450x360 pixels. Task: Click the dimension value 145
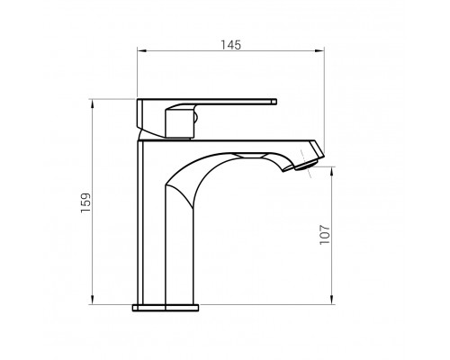[230, 45]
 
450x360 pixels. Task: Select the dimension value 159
[85, 203]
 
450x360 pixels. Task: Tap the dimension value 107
[325, 235]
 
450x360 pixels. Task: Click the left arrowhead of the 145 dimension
[141, 50]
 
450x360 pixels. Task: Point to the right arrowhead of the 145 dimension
[319, 50]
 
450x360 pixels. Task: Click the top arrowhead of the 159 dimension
[92, 103]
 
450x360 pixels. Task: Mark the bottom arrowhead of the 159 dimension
[92, 300]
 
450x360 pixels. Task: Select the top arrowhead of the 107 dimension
[332, 172]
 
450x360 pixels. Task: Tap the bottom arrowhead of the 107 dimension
[332, 300]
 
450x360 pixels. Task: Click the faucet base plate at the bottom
[166, 308]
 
